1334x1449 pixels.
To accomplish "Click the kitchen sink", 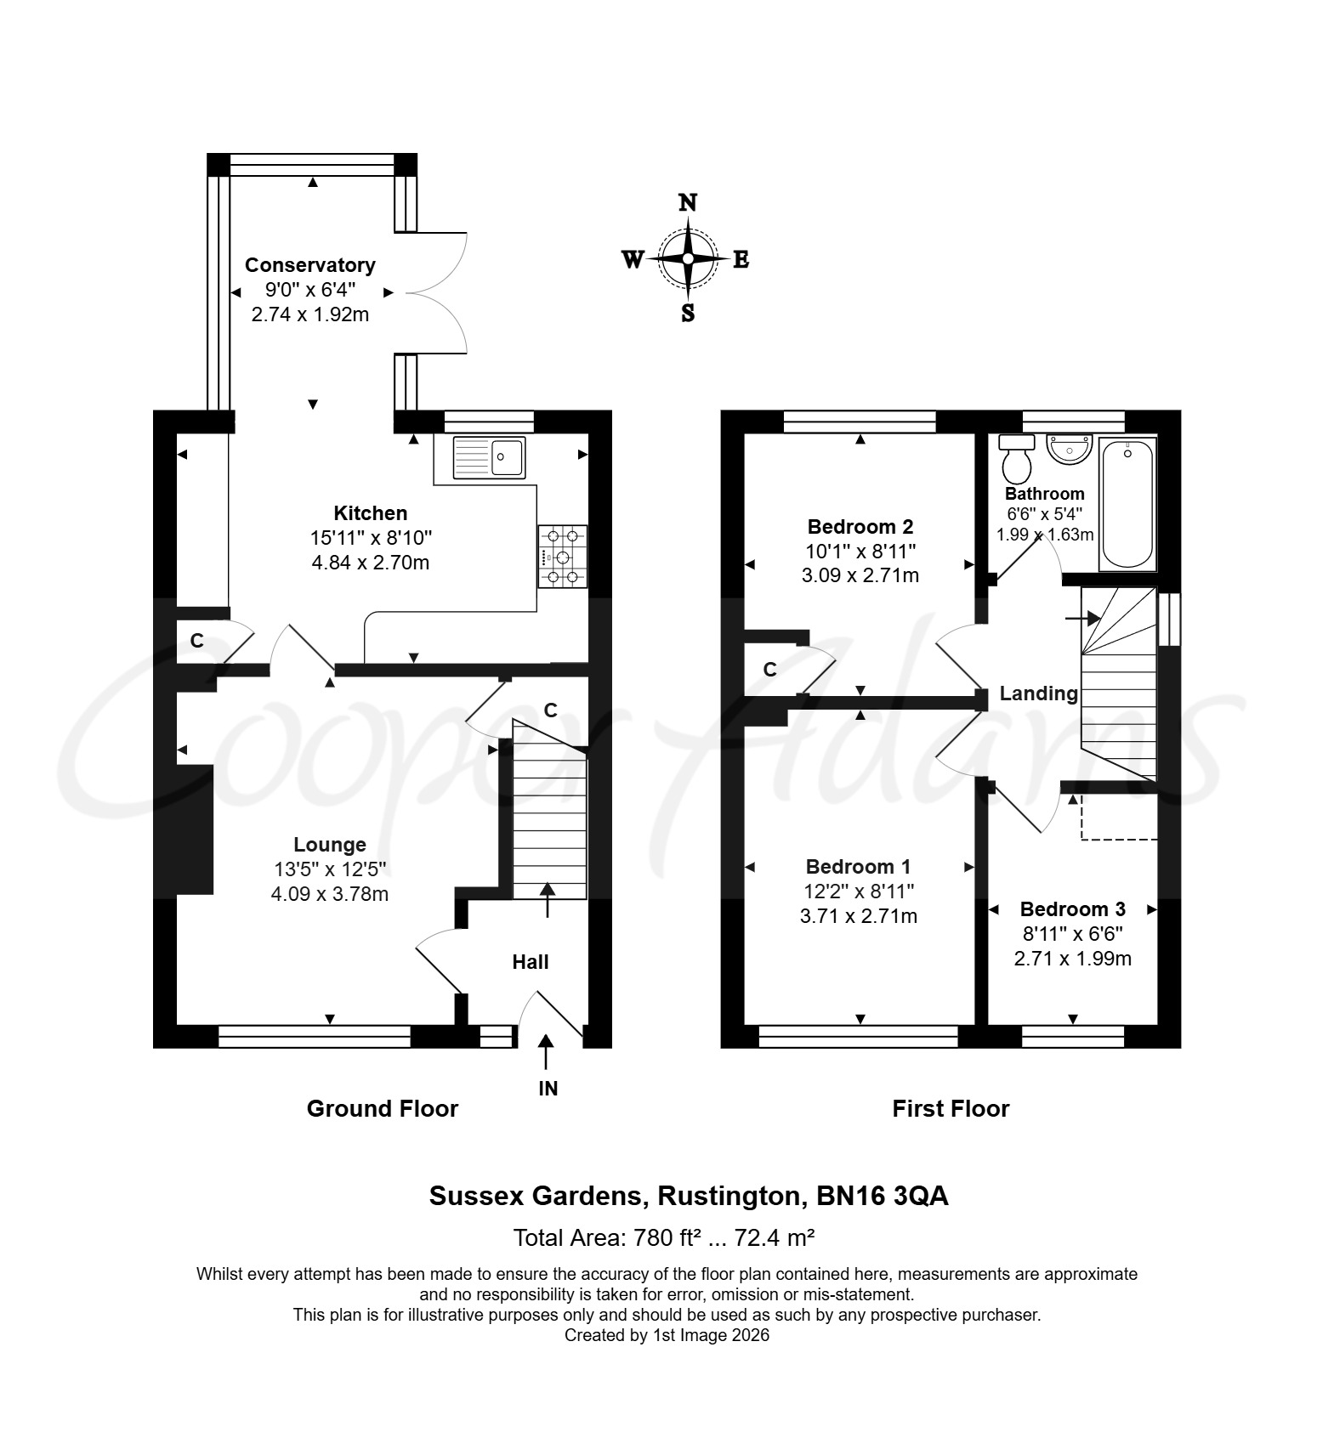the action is [489, 457].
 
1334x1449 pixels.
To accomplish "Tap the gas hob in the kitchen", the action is [562, 556].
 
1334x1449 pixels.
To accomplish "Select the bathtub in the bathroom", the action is [1128, 505].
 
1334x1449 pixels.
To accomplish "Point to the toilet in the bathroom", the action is [1017, 458].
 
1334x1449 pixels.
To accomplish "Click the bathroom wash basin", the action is [1069, 449].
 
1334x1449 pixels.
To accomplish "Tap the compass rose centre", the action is [687, 258].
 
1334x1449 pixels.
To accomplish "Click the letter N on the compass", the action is [688, 202].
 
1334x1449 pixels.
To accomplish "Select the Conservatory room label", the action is [310, 265].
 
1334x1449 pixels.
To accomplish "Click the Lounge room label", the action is [330, 845].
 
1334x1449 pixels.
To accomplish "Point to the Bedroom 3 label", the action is [1073, 909].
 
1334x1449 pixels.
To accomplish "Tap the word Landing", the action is [1038, 693].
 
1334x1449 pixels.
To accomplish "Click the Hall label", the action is [531, 962].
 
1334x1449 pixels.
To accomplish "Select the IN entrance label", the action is [548, 1089].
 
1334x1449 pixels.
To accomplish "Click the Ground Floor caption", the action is [383, 1109].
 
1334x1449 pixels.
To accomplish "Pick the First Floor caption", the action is [951, 1109].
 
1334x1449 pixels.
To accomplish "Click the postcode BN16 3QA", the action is [883, 1197].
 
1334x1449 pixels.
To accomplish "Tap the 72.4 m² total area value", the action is [775, 1238].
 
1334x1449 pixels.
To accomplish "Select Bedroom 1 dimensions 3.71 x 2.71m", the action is [860, 916].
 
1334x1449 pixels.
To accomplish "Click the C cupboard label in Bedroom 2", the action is [769, 670].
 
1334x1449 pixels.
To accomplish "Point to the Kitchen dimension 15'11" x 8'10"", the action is [371, 538].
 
